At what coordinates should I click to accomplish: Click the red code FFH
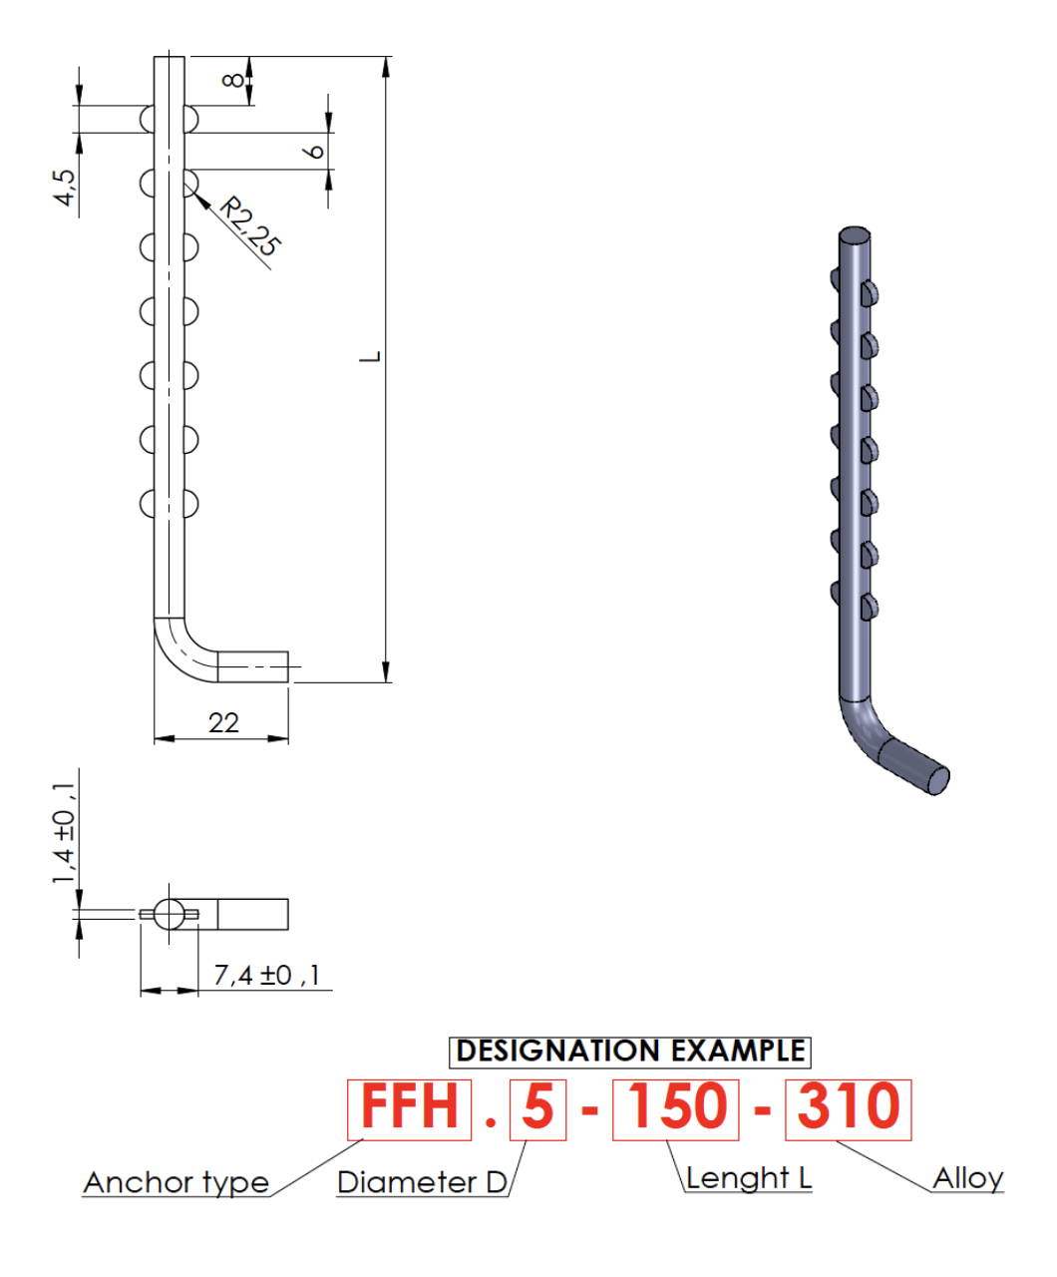tap(409, 1105)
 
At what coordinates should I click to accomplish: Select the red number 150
tap(677, 1105)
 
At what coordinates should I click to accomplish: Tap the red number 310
tap(849, 1105)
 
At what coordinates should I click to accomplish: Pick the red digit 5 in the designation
tap(538, 1105)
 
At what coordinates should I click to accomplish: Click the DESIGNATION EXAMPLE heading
tap(630, 1051)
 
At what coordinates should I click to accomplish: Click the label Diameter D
tap(422, 1182)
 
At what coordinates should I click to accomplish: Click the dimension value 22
tap(223, 723)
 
